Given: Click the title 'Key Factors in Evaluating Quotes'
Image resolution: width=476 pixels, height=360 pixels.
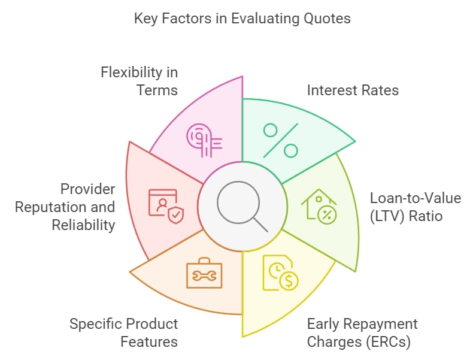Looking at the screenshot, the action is click(x=242, y=19).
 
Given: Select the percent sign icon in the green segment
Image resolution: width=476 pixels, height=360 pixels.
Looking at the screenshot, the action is click(x=280, y=140).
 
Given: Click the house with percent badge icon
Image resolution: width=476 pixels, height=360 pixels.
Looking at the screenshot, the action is click(x=319, y=207).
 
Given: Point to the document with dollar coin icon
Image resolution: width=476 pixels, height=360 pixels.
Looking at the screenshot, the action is click(x=280, y=273).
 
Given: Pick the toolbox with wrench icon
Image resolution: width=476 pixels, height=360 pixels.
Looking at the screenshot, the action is click(x=204, y=273).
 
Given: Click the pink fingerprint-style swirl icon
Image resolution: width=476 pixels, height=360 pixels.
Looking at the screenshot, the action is click(x=204, y=140).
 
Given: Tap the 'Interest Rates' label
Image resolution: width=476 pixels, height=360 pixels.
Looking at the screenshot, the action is click(x=353, y=90).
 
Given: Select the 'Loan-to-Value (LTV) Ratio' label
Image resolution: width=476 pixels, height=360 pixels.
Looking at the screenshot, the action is click(x=416, y=207).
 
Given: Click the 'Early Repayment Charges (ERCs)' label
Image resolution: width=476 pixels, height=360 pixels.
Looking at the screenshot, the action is click(x=362, y=332).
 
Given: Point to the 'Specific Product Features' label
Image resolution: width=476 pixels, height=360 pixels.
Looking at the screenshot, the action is click(x=123, y=332).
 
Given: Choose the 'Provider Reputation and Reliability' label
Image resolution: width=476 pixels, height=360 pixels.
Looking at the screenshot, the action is click(x=65, y=207).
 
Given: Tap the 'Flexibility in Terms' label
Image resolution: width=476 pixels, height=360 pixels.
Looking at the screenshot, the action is click(x=140, y=81).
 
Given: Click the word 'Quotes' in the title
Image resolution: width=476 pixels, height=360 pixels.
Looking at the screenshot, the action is click(x=328, y=19).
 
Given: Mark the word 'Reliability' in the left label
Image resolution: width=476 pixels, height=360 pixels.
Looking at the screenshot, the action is click(x=83, y=225).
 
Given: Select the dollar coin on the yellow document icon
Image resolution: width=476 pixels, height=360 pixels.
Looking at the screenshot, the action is click(x=289, y=280).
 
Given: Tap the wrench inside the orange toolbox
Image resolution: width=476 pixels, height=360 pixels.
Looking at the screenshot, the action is click(x=204, y=276).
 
